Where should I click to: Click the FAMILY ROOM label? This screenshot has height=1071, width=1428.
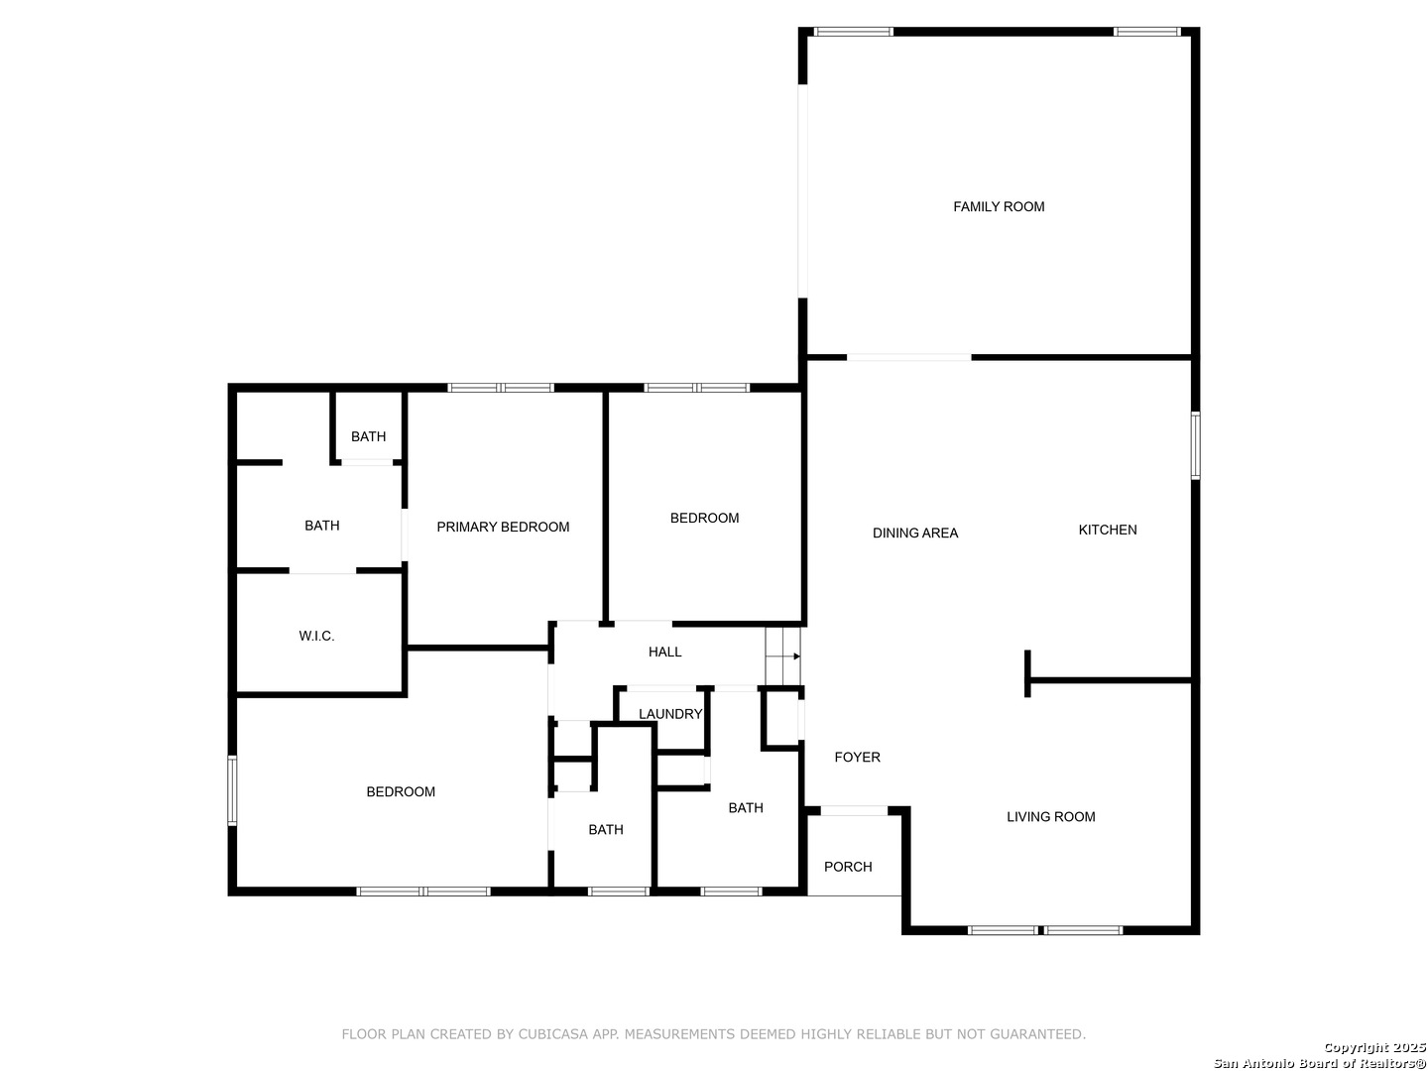(999, 207)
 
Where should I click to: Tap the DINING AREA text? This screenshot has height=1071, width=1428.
(915, 534)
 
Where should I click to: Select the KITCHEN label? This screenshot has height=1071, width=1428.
(1108, 531)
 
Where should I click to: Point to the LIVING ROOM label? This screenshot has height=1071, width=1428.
(1050, 817)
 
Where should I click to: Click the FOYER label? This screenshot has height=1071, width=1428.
(857, 758)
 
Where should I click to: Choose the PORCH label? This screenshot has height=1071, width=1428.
(848, 867)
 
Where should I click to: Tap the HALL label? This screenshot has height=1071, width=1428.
(664, 653)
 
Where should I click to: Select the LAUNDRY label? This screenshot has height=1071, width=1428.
(670, 714)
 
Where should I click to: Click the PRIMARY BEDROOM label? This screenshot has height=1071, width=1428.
(503, 528)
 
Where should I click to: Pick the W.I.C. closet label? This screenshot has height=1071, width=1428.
(316, 637)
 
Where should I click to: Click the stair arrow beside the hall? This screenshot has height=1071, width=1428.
(796, 656)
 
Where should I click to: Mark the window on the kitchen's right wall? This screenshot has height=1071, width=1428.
(1195, 445)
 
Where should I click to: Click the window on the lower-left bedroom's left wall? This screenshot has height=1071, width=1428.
(232, 790)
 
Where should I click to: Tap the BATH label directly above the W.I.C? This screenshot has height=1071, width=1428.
(321, 527)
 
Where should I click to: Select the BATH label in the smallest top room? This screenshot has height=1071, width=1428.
(368, 437)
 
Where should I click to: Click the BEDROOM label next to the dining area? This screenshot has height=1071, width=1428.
(704, 519)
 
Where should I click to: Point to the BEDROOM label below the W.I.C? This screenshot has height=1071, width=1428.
(401, 792)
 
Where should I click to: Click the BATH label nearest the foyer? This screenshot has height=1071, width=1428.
(746, 808)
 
